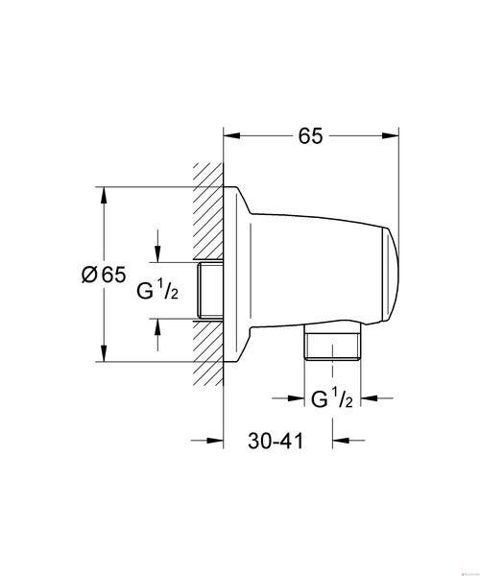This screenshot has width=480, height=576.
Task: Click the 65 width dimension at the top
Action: (x=310, y=136)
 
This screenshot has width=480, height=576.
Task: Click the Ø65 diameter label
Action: (x=104, y=275)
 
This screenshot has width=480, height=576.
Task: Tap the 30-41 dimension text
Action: (x=276, y=441)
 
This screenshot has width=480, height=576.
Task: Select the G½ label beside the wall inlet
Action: (x=157, y=290)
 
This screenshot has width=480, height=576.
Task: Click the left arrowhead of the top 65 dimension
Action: (x=232, y=136)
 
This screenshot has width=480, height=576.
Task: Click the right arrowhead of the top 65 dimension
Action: (x=391, y=136)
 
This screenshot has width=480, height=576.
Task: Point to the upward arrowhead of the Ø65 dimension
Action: (x=104, y=196)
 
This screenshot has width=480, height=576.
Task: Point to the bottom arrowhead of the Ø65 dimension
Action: (x=104, y=353)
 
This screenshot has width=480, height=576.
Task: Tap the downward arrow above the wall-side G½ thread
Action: (x=157, y=246)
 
